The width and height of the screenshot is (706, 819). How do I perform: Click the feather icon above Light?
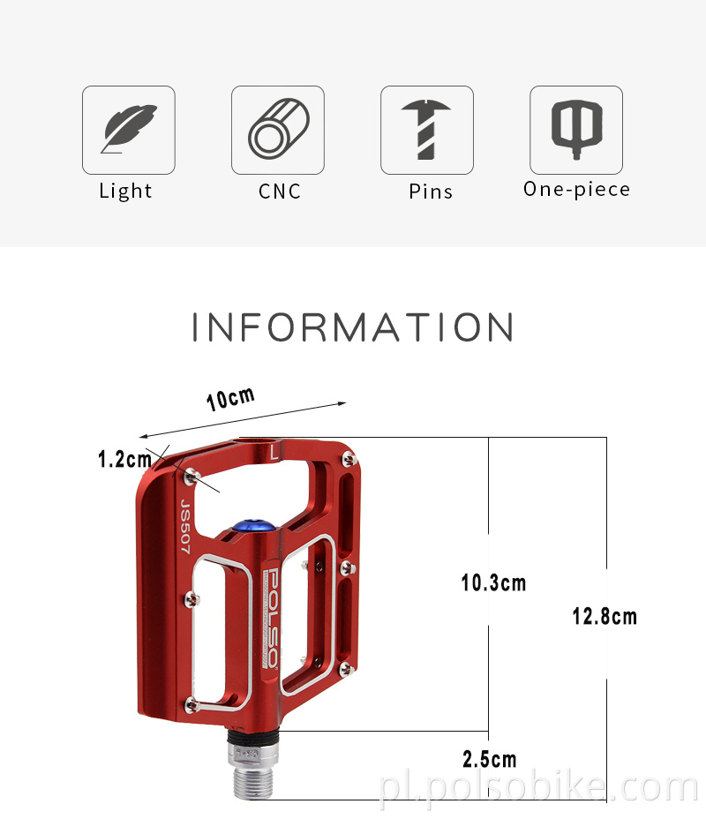tap(129, 130)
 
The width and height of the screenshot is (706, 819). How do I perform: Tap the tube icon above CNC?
tap(278, 130)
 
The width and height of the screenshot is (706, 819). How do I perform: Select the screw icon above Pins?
tap(427, 130)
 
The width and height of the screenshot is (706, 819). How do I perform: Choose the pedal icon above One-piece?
tap(576, 130)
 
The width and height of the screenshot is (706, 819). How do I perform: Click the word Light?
tap(125, 191)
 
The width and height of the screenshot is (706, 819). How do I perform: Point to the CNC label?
tap(280, 191)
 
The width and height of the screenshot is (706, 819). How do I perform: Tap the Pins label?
tap(431, 191)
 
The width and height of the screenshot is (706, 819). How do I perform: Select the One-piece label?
tap(577, 189)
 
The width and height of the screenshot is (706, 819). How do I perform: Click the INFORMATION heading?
tap(353, 327)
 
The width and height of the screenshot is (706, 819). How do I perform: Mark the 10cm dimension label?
tap(230, 398)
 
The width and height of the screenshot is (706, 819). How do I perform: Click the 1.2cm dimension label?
tap(124, 459)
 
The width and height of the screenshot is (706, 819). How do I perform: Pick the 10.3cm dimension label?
tap(493, 582)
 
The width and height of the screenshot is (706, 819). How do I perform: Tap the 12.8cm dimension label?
tap(605, 616)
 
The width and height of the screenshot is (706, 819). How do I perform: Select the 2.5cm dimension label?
tap(490, 759)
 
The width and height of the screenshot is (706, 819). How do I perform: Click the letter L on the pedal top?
tap(275, 453)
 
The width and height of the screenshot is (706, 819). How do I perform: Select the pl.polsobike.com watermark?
tap(538, 787)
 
